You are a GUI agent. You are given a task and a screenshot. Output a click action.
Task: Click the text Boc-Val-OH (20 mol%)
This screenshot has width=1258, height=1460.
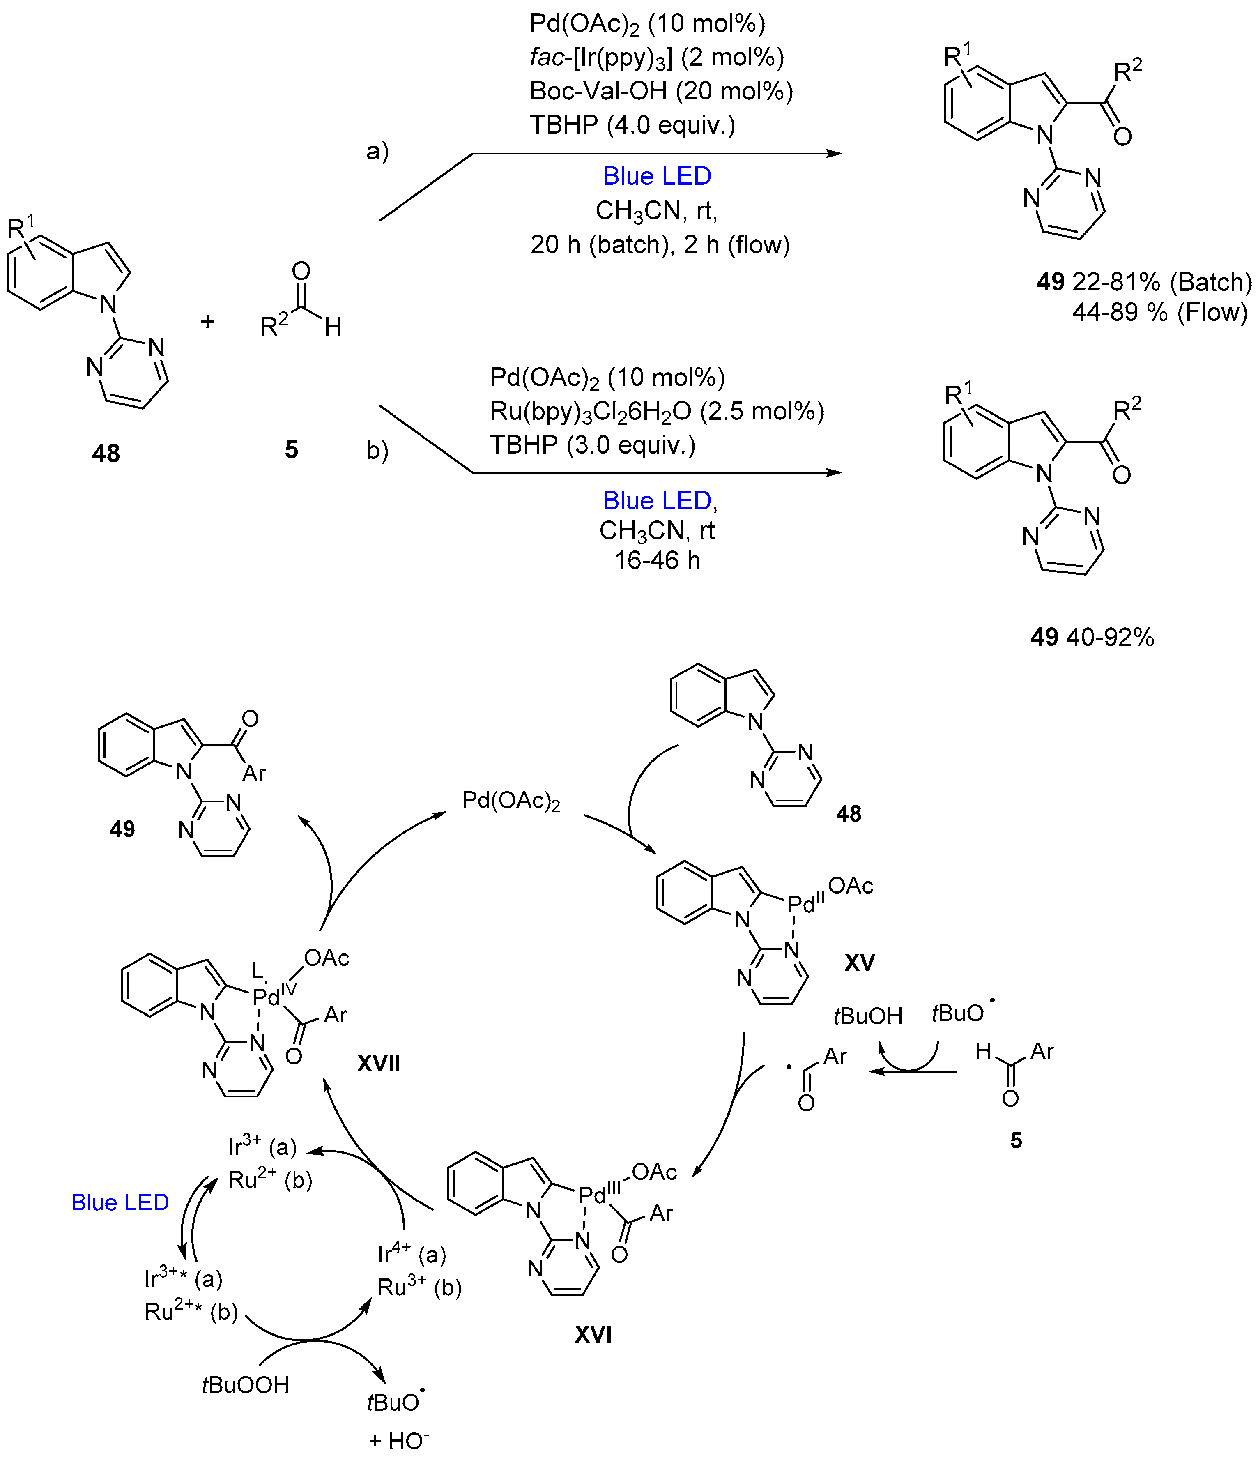[x=661, y=91]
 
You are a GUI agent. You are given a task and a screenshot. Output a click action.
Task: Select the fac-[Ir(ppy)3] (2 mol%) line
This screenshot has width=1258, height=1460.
[x=656, y=57]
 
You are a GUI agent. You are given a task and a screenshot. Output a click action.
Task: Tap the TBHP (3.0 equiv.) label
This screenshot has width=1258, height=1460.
[x=592, y=444]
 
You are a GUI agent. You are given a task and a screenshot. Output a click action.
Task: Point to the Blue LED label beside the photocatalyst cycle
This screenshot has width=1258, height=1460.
[x=120, y=1202]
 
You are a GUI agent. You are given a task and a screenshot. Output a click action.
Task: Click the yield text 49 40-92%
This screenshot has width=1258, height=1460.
[x=1092, y=637]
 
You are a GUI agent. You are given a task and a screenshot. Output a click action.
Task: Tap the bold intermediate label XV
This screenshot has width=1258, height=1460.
[x=859, y=963]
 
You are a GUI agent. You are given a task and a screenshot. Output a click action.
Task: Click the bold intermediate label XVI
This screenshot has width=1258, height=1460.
[x=593, y=1334]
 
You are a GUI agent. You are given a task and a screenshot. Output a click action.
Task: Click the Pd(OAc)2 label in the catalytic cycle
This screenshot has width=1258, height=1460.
[x=511, y=801]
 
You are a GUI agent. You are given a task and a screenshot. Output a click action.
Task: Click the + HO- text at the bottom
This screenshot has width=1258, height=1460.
[x=399, y=1441]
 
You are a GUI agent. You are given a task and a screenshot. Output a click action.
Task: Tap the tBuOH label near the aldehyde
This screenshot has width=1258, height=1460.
[x=868, y=1016]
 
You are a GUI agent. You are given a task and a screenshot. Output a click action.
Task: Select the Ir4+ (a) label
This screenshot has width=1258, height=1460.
[x=412, y=1254]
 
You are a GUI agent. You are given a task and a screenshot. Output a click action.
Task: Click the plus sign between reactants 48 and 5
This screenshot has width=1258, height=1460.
[x=207, y=322]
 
